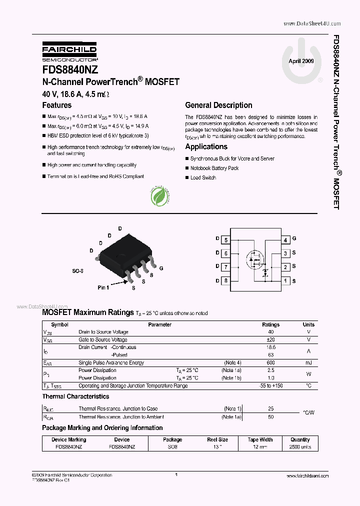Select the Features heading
(x=57, y=105)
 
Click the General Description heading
(x=218, y=105)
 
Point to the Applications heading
(x=206, y=146)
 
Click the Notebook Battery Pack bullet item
(x=214, y=168)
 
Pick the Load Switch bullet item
(x=203, y=178)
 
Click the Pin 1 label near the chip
(x=103, y=287)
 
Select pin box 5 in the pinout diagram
(x=226, y=240)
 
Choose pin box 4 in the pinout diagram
(x=285, y=240)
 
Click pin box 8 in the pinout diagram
(x=226, y=280)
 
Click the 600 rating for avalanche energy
(x=271, y=362)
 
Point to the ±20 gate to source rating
(x=271, y=339)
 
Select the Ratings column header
(x=271, y=324)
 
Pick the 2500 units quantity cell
(x=300, y=446)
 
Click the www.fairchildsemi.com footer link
(x=307, y=476)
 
